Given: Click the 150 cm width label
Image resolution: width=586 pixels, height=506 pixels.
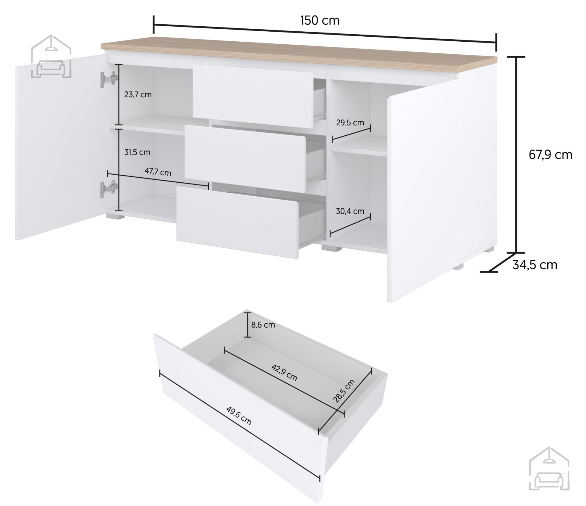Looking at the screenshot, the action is pos(320,21).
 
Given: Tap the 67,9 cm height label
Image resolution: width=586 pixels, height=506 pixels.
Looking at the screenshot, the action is pos(551,155).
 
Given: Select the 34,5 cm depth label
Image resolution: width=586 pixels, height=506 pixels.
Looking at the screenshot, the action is pos(535,265).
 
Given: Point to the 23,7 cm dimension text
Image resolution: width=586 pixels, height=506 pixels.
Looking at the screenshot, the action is pos(138,95).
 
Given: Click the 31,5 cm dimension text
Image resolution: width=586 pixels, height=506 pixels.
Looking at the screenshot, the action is pos(137,152).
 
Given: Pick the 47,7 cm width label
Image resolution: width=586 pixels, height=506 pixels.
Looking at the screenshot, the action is pos(158,172).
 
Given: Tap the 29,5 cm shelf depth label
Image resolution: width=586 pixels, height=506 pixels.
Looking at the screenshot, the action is pos(350,123).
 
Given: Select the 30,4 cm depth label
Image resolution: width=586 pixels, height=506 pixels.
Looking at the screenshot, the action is pos(350,211).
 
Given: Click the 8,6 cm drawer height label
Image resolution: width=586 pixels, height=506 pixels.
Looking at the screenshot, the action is pos(263,325).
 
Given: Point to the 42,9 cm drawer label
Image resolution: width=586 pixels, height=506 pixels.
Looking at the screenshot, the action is pos(284,372).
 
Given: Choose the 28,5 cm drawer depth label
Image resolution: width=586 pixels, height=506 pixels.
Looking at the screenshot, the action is pos(344,391).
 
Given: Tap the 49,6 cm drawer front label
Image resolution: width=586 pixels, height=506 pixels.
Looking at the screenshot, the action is pos(239,415).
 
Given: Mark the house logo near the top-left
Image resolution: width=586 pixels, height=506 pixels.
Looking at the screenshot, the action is pos(51,57).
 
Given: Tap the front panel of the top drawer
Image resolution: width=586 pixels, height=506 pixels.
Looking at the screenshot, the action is pos(253,96).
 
